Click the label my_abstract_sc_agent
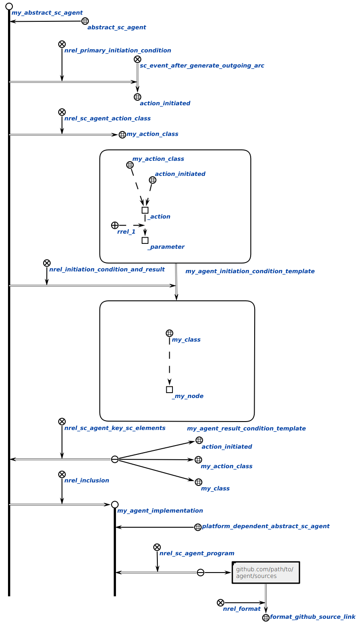point(47,13)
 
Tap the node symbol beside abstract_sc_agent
point(85,21)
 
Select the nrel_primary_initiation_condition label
point(117,51)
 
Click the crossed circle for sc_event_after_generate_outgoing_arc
point(137,59)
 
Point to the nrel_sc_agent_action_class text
point(108,119)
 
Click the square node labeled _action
point(145,210)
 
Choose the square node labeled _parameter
point(145,240)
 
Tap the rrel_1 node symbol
point(115,225)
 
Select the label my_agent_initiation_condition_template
point(250,271)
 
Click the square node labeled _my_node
point(169,390)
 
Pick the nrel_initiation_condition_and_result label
point(107,270)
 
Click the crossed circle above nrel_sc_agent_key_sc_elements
point(62,422)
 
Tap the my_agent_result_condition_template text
point(246,429)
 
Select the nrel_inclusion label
point(87,481)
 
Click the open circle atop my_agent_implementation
point(115,505)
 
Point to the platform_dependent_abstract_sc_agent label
point(266,526)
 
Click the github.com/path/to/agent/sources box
point(266,573)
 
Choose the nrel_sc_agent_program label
point(197,553)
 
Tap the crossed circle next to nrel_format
point(220,603)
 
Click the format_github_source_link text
point(312,617)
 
